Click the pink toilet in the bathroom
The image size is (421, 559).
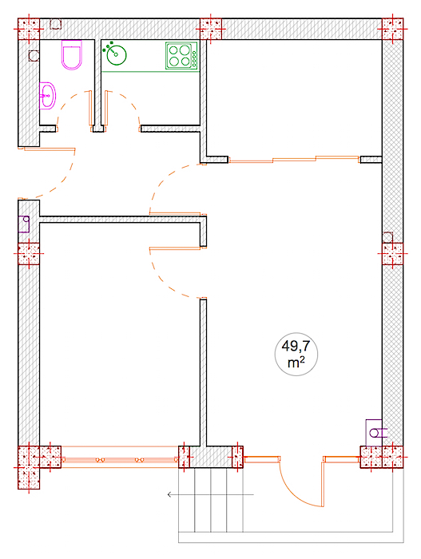click(x=72, y=55)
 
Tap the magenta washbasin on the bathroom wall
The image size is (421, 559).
click(x=47, y=96)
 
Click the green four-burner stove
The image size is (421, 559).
click(x=181, y=56)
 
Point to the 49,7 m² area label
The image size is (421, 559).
click(x=296, y=354)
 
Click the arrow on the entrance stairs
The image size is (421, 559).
click(x=211, y=494)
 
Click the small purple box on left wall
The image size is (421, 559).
click(x=24, y=224)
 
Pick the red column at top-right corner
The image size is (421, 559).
click(x=392, y=29)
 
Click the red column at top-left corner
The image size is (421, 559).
click(x=29, y=29)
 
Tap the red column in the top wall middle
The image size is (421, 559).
click(x=211, y=29)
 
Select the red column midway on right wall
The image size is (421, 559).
click(x=392, y=254)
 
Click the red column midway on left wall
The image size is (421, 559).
click(x=29, y=254)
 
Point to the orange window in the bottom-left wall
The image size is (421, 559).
click(x=120, y=457)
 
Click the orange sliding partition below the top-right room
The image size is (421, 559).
click(x=294, y=160)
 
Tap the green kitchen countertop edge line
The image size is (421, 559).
click(x=150, y=72)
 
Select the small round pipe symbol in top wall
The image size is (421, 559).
click(x=55, y=24)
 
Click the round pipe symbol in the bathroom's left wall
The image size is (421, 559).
click(x=34, y=56)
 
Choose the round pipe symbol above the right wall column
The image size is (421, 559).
click(x=387, y=237)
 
